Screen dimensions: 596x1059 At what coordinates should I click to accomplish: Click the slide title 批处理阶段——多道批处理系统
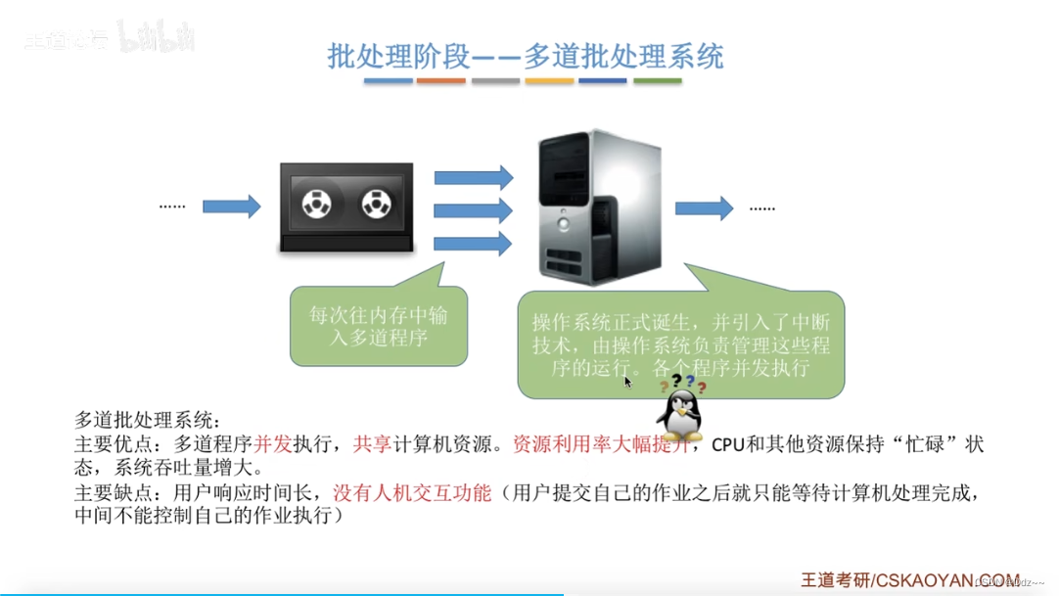point(526,56)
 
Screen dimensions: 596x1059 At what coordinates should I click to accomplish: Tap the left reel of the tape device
point(316,205)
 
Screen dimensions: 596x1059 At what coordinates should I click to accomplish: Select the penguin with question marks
point(679,411)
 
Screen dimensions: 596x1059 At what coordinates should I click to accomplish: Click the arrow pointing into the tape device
point(232,206)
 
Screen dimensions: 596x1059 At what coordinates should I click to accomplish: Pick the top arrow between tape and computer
point(474,177)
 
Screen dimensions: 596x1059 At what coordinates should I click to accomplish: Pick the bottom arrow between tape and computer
point(474,243)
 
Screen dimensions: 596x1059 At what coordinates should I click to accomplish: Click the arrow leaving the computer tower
point(705,207)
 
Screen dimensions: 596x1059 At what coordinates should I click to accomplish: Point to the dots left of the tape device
point(172,206)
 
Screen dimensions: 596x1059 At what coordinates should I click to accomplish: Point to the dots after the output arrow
point(762,207)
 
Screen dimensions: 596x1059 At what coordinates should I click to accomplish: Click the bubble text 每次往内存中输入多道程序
point(378,327)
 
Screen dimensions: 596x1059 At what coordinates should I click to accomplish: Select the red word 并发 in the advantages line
point(273,444)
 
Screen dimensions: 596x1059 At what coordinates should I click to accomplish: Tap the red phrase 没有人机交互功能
point(412,492)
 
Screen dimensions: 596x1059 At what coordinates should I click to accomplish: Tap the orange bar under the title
point(441,81)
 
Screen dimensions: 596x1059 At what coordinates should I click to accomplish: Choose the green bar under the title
point(658,81)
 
